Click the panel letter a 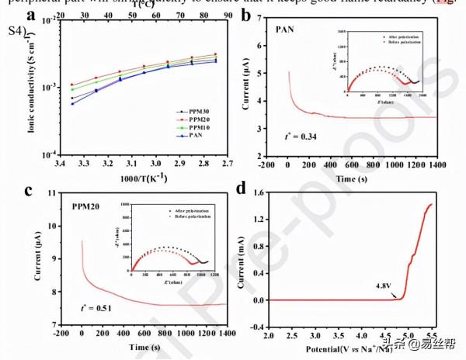coord(31,16)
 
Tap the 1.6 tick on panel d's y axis coord(257,192)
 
